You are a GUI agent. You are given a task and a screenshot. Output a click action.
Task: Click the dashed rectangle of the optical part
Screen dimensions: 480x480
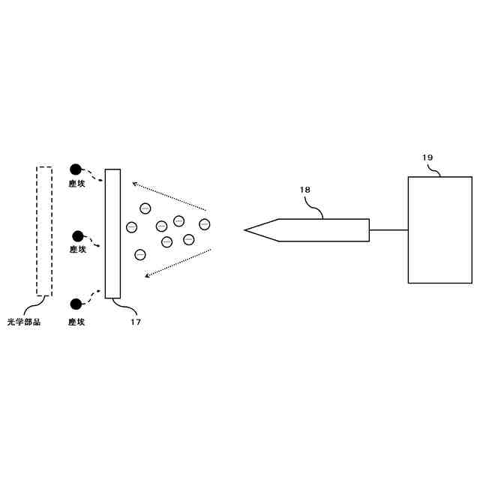coord(44,232)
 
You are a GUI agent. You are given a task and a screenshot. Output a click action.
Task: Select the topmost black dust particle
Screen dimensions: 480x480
coord(75,169)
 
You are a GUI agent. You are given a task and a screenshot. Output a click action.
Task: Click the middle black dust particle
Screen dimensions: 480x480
coord(77,236)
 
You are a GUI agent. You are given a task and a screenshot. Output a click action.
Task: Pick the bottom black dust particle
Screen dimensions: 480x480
coord(75,304)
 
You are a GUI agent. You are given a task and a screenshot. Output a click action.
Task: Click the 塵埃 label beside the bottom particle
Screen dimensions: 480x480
coord(76,322)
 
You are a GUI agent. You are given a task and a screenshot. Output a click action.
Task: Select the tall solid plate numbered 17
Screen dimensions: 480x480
coord(112,233)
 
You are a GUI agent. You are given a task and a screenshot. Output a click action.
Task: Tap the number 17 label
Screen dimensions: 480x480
coord(136,322)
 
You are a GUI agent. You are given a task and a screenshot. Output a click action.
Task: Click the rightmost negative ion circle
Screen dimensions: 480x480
coord(204,223)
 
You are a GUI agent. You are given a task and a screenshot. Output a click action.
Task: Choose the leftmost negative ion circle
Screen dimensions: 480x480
coord(131,226)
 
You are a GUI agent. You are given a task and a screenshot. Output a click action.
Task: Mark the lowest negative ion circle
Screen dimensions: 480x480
coord(139,254)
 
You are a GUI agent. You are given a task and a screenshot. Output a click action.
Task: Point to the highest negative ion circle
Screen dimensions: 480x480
coord(145,208)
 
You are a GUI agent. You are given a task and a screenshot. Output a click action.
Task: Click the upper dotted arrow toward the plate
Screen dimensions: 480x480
coord(169,195)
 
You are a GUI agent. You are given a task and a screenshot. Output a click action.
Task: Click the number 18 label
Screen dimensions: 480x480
coord(304,190)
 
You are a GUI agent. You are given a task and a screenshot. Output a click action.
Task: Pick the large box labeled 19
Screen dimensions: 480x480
coord(439,229)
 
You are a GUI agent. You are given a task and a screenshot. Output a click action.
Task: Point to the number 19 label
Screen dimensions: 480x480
coord(427,158)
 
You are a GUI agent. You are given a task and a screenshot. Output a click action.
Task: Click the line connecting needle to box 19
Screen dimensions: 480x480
coord(388,229)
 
